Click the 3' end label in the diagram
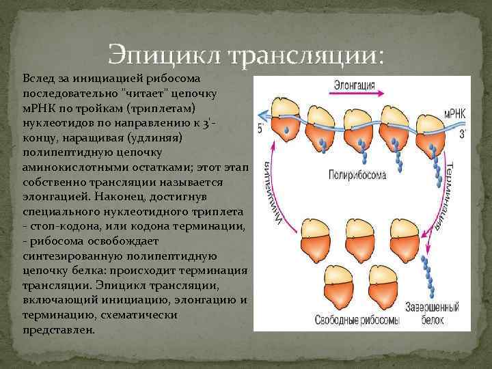click(x=461, y=135)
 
